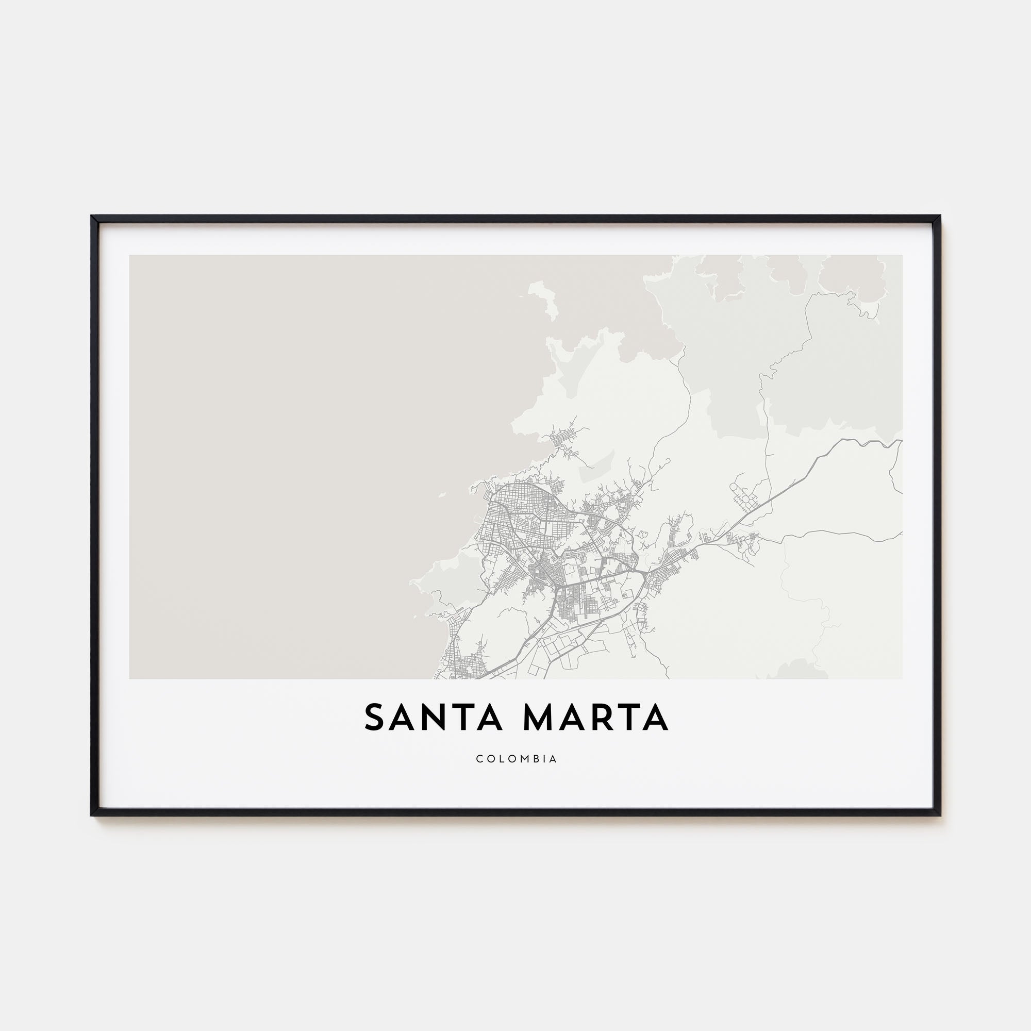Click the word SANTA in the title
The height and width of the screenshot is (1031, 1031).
pyautogui.click(x=434, y=718)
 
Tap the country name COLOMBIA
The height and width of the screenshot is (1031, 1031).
pyautogui.click(x=516, y=759)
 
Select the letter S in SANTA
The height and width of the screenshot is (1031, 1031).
pyautogui.click(x=375, y=718)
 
